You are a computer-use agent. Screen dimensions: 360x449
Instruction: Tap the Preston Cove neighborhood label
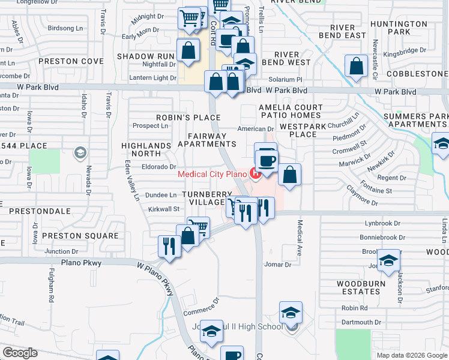point(67,61)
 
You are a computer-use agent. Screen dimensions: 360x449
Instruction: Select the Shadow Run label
point(145,56)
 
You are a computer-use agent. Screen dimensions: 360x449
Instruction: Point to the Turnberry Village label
point(207,199)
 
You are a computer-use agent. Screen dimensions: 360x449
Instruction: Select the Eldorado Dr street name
point(159,167)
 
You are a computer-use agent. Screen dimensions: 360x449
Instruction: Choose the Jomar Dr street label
point(277,264)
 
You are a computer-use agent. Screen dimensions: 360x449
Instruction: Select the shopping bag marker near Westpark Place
point(289,175)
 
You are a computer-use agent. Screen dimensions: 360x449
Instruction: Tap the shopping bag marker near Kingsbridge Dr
point(356,65)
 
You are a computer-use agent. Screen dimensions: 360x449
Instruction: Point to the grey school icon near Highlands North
point(79,154)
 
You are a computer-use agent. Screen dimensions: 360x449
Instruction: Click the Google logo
point(20,353)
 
